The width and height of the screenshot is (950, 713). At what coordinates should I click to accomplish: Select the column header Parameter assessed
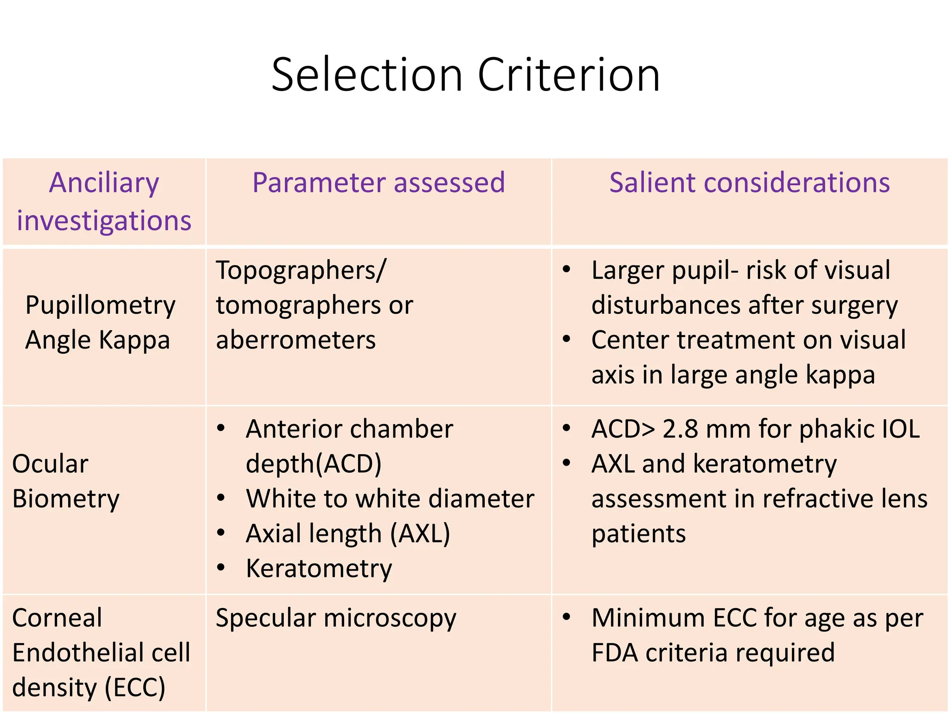379,182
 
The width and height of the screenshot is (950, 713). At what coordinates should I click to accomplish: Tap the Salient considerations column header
749,182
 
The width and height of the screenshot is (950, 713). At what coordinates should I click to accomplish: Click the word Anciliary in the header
104,182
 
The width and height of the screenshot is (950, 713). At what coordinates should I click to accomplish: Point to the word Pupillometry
100,305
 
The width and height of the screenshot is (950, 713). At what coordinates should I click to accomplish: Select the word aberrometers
295,340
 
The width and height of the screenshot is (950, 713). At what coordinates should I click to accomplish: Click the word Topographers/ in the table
301,270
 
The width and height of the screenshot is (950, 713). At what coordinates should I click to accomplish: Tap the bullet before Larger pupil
566,269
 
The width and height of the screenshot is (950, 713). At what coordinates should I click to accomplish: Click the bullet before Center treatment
566,339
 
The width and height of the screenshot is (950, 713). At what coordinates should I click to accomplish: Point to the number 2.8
680,429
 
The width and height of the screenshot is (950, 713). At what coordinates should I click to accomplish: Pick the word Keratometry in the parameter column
319,569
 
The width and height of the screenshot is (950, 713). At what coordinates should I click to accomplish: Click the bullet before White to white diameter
221,499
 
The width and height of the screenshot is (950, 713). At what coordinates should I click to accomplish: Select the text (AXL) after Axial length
420,534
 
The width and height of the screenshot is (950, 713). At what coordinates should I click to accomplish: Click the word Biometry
66,499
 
